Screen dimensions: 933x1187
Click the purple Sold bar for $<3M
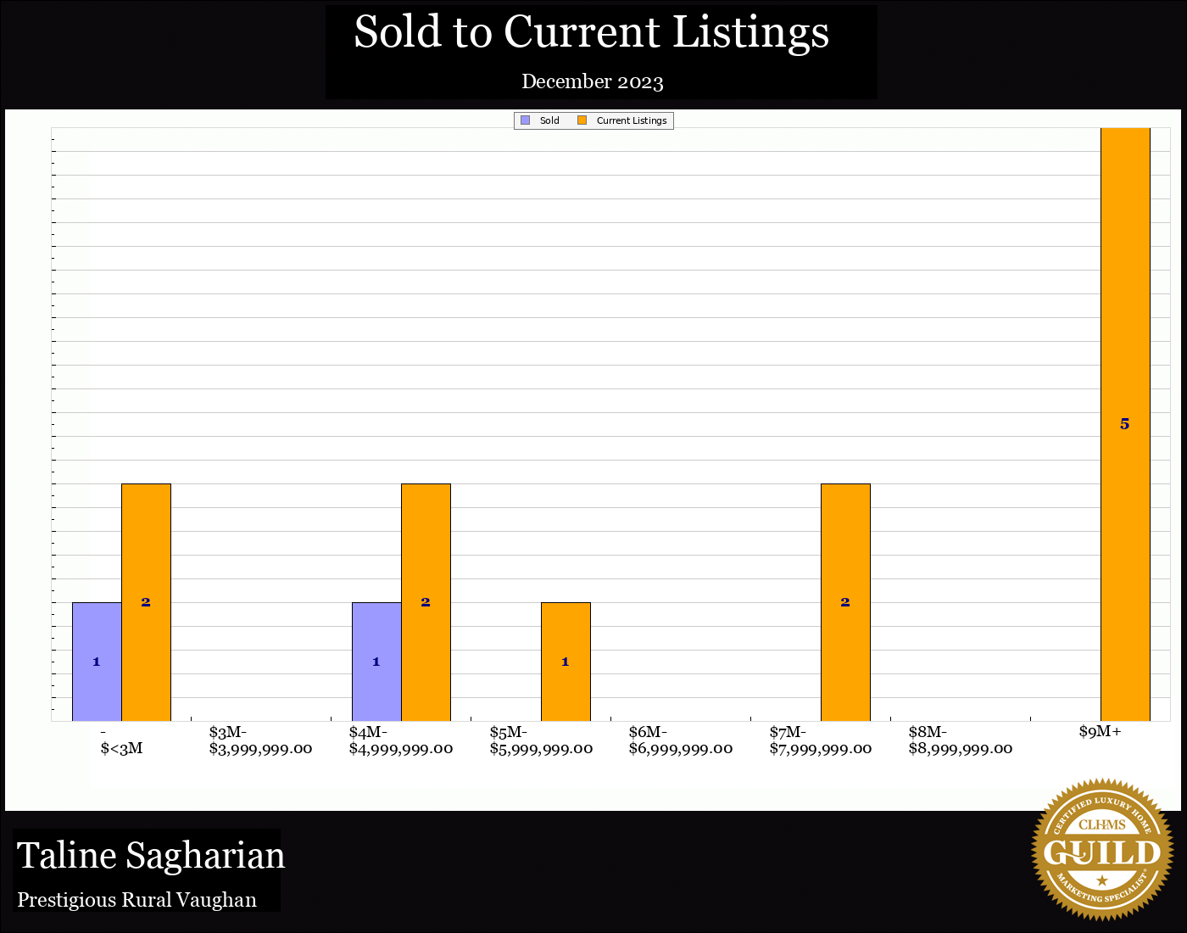click(x=97, y=662)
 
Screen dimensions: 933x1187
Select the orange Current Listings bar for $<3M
click(x=146, y=602)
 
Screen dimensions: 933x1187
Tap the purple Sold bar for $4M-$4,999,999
click(x=376, y=662)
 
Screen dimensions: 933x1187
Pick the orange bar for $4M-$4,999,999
click(x=426, y=602)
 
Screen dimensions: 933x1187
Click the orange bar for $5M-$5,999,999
click(x=566, y=662)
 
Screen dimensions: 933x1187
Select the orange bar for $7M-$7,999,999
click(x=845, y=602)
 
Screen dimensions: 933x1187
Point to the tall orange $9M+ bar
click(x=1125, y=339)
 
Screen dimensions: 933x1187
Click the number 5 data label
click(x=1125, y=424)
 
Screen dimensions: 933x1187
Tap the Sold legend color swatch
click(x=526, y=120)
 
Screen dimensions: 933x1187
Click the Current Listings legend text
click(x=632, y=120)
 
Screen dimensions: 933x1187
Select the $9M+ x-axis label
click(x=1101, y=732)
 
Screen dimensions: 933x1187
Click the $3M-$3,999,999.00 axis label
click(x=260, y=740)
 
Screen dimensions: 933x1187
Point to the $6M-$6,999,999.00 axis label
click(x=681, y=740)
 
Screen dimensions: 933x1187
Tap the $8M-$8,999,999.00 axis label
click(x=961, y=740)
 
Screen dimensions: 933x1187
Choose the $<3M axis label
click(x=121, y=748)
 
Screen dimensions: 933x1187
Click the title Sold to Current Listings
click(x=591, y=32)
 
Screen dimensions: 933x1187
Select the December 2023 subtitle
click(x=593, y=81)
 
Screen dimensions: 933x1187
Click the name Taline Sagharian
click(x=151, y=855)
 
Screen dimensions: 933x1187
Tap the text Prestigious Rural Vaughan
click(x=137, y=900)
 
